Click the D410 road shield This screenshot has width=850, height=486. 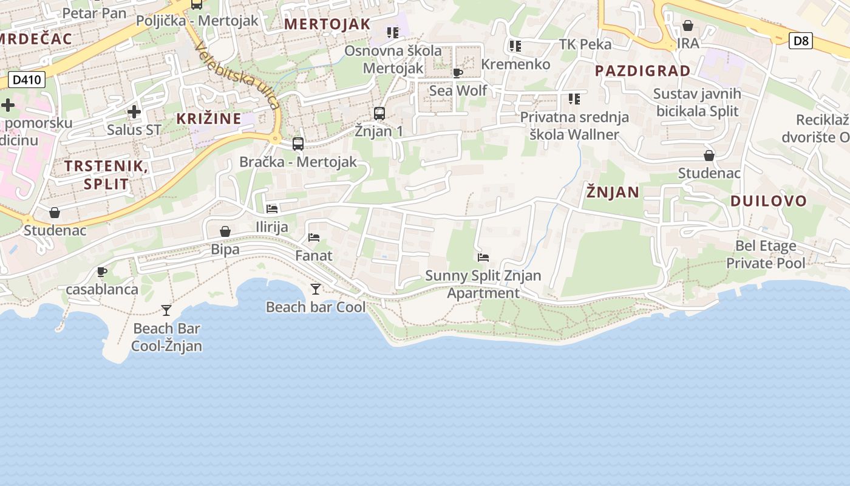(x=27, y=80)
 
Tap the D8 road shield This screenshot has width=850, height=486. (x=801, y=41)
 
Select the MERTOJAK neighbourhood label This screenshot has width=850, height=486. (x=327, y=24)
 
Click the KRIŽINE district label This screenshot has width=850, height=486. (x=209, y=118)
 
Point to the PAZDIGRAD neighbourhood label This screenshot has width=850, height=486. (x=643, y=71)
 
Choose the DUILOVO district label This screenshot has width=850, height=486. (x=769, y=201)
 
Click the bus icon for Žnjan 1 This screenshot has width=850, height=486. (x=379, y=114)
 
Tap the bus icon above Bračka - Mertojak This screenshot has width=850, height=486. (x=298, y=144)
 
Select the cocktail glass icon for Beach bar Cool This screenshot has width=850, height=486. (x=316, y=289)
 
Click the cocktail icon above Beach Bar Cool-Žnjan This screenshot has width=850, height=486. (x=166, y=310)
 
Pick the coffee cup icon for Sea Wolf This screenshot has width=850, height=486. (x=458, y=73)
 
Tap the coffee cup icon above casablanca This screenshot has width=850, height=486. (x=102, y=272)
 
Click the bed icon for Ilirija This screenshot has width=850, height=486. (x=272, y=209)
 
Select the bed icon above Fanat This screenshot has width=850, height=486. (x=314, y=238)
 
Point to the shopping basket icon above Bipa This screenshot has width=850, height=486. (x=225, y=231)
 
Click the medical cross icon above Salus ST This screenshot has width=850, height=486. (x=134, y=112)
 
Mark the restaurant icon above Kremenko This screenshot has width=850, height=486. (x=515, y=46)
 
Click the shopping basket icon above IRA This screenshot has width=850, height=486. (x=688, y=26)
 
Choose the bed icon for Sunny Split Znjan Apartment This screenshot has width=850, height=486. (x=483, y=258)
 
